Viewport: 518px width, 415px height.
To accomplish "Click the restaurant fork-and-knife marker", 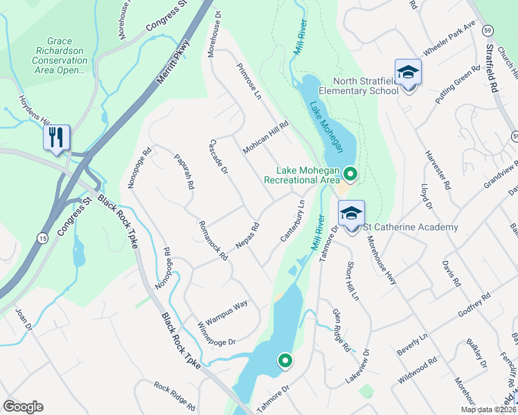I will point(56,136).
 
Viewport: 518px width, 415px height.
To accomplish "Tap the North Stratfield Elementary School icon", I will point(408,73).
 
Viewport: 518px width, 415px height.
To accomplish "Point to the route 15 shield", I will point(42,238).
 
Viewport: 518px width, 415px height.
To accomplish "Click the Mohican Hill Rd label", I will point(265,137).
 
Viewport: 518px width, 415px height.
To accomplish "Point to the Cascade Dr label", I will point(219,156).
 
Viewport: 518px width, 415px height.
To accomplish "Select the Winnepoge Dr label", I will point(217,333).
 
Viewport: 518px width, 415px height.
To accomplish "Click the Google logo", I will point(23,407).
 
